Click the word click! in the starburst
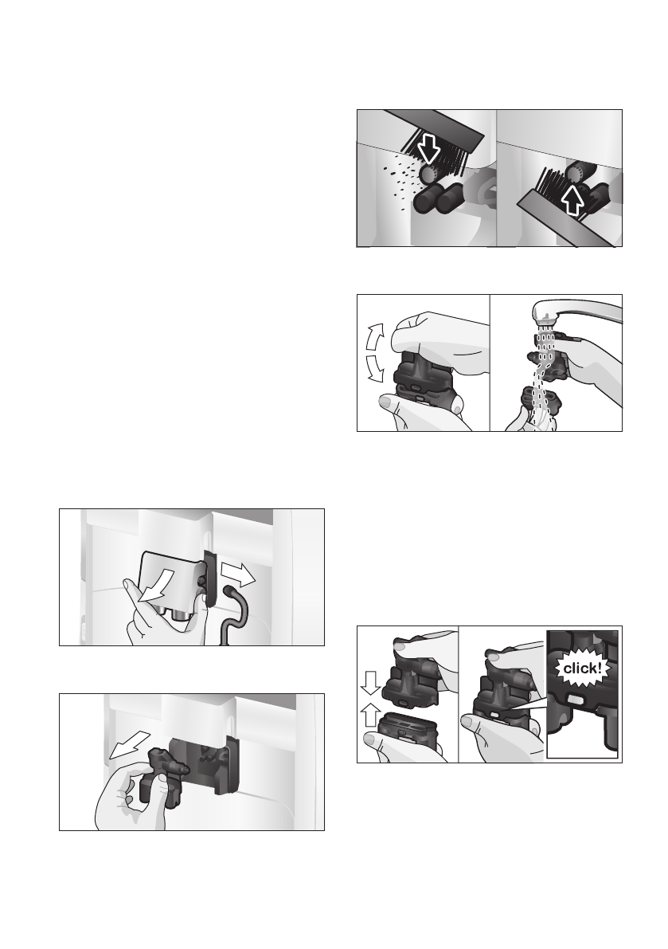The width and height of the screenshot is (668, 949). point(582,669)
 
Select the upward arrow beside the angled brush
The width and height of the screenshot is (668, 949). point(572,201)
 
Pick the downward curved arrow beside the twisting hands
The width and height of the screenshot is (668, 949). point(376,369)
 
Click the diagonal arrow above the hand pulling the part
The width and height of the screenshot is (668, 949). point(129,743)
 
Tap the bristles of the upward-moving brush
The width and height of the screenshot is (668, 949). point(553,181)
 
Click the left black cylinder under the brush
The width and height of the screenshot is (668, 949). point(428,198)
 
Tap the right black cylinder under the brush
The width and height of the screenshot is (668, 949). point(452,197)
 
